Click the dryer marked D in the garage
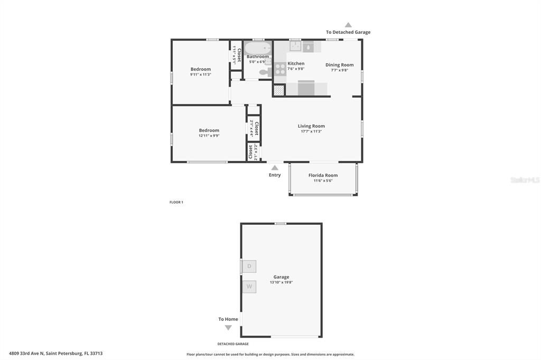click(x=249, y=267)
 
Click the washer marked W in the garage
click(x=249, y=287)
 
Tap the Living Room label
click(x=311, y=126)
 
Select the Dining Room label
click(x=339, y=65)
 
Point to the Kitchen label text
click(x=296, y=63)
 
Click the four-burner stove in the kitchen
click(x=280, y=69)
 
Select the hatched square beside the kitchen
click(x=279, y=90)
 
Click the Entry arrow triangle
click(x=275, y=168)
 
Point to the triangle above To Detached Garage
click(x=348, y=25)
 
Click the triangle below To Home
click(x=228, y=327)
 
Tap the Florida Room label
click(x=323, y=175)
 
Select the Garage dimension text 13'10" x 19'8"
click(x=281, y=282)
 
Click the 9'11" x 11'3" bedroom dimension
click(x=201, y=74)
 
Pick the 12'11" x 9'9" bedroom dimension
click(x=209, y=136)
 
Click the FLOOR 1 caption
click(x=176, y=202)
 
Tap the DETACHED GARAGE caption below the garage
click(x=233, y=344)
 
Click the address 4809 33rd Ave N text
click(x=55, y=353)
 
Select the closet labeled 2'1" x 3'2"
click(x=253, y=152)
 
